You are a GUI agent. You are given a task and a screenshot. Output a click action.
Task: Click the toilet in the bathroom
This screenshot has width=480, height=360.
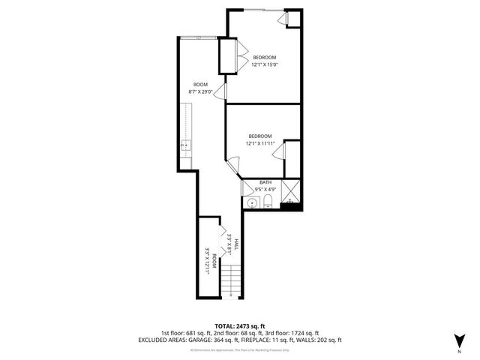[x=268, y=200]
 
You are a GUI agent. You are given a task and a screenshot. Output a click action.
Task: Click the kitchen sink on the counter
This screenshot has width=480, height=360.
[x=185, y=147]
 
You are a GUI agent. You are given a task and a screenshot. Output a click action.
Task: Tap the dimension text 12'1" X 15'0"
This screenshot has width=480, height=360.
[x=264, y=64]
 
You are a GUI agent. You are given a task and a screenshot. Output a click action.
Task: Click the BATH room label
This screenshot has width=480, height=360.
[x=265, y=182]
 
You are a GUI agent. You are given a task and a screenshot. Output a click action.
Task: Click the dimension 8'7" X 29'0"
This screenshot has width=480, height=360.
[x=200, y=91]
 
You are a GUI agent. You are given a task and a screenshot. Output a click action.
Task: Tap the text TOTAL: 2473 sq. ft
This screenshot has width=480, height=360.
[x=239, y=325]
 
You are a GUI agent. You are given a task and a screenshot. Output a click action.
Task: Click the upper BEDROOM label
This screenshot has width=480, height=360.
[x=264, y=58]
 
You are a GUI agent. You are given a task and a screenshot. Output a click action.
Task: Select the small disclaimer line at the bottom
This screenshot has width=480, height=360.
[x=239, y=349]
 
